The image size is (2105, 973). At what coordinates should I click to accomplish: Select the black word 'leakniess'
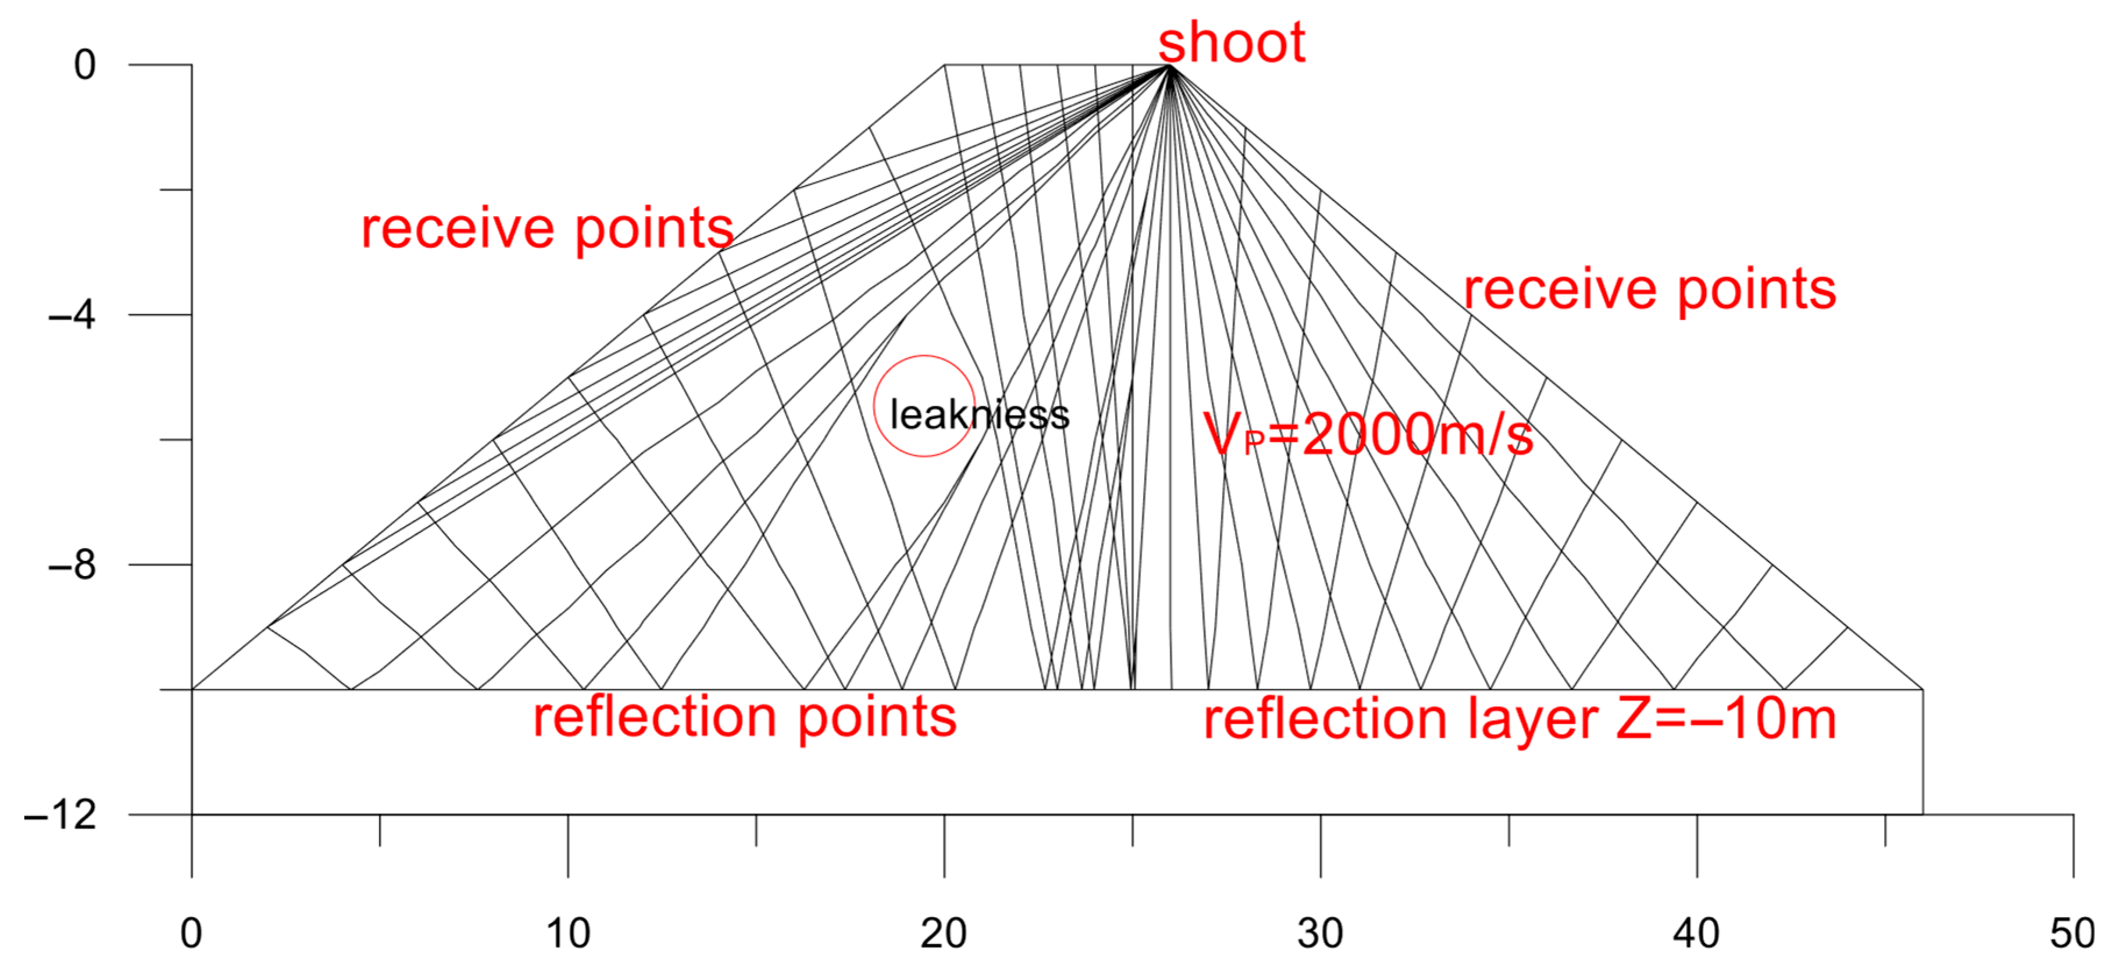[x=979, y=414]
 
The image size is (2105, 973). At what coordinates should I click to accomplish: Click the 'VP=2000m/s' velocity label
[x=1367, y=435]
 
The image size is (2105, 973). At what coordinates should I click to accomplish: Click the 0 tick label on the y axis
[x=84, y=65]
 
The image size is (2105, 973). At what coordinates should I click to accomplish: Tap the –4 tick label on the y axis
[x=72, y=314]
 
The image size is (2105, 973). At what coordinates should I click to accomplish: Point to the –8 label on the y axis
[x=72, y=564]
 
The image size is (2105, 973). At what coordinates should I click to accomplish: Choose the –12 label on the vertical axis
[x=60, y=814]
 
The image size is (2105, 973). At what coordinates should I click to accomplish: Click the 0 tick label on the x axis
[x=191, y=933]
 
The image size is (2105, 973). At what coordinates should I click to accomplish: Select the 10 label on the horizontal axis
[x=567, y=933]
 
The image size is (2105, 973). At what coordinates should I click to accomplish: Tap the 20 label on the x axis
[x=944, y=933]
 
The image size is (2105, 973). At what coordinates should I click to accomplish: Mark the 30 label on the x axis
[x=1320, y=933]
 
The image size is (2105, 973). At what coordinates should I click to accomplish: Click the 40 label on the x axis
[x=1696, y=933]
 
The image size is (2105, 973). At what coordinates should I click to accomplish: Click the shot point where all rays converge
[x=1170, y=65]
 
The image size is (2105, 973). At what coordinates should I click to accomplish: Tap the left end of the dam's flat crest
[x=945, y=65]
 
